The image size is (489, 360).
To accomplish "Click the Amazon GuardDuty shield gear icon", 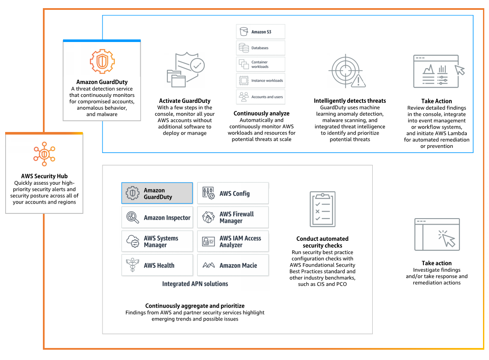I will point(102,61).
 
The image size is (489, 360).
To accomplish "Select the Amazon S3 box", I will point(260,32).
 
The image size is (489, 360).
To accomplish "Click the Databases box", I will point(260,48).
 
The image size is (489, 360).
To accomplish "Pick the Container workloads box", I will point(260,64).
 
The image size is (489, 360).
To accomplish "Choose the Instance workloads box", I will point(260,81).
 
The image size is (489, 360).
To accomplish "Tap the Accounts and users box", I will point(260,97).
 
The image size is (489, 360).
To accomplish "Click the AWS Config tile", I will point(233,193).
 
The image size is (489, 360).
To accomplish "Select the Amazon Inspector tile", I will point(157,218).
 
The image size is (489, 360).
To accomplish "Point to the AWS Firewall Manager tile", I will point(233,217).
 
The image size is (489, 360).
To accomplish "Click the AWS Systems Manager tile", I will point(157,241).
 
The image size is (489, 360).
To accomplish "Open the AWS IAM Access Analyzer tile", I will point(233,241).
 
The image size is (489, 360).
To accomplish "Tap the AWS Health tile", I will point(157,265).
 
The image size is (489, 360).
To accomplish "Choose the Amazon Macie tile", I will point(233,265).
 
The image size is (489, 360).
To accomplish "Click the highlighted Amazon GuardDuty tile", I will point(157,193).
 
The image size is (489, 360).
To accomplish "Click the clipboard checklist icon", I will point(322,209).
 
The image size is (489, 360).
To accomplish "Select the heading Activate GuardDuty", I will point(184,101).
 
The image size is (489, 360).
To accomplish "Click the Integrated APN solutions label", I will point(195,284).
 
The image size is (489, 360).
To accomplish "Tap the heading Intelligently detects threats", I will point(350,101).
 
